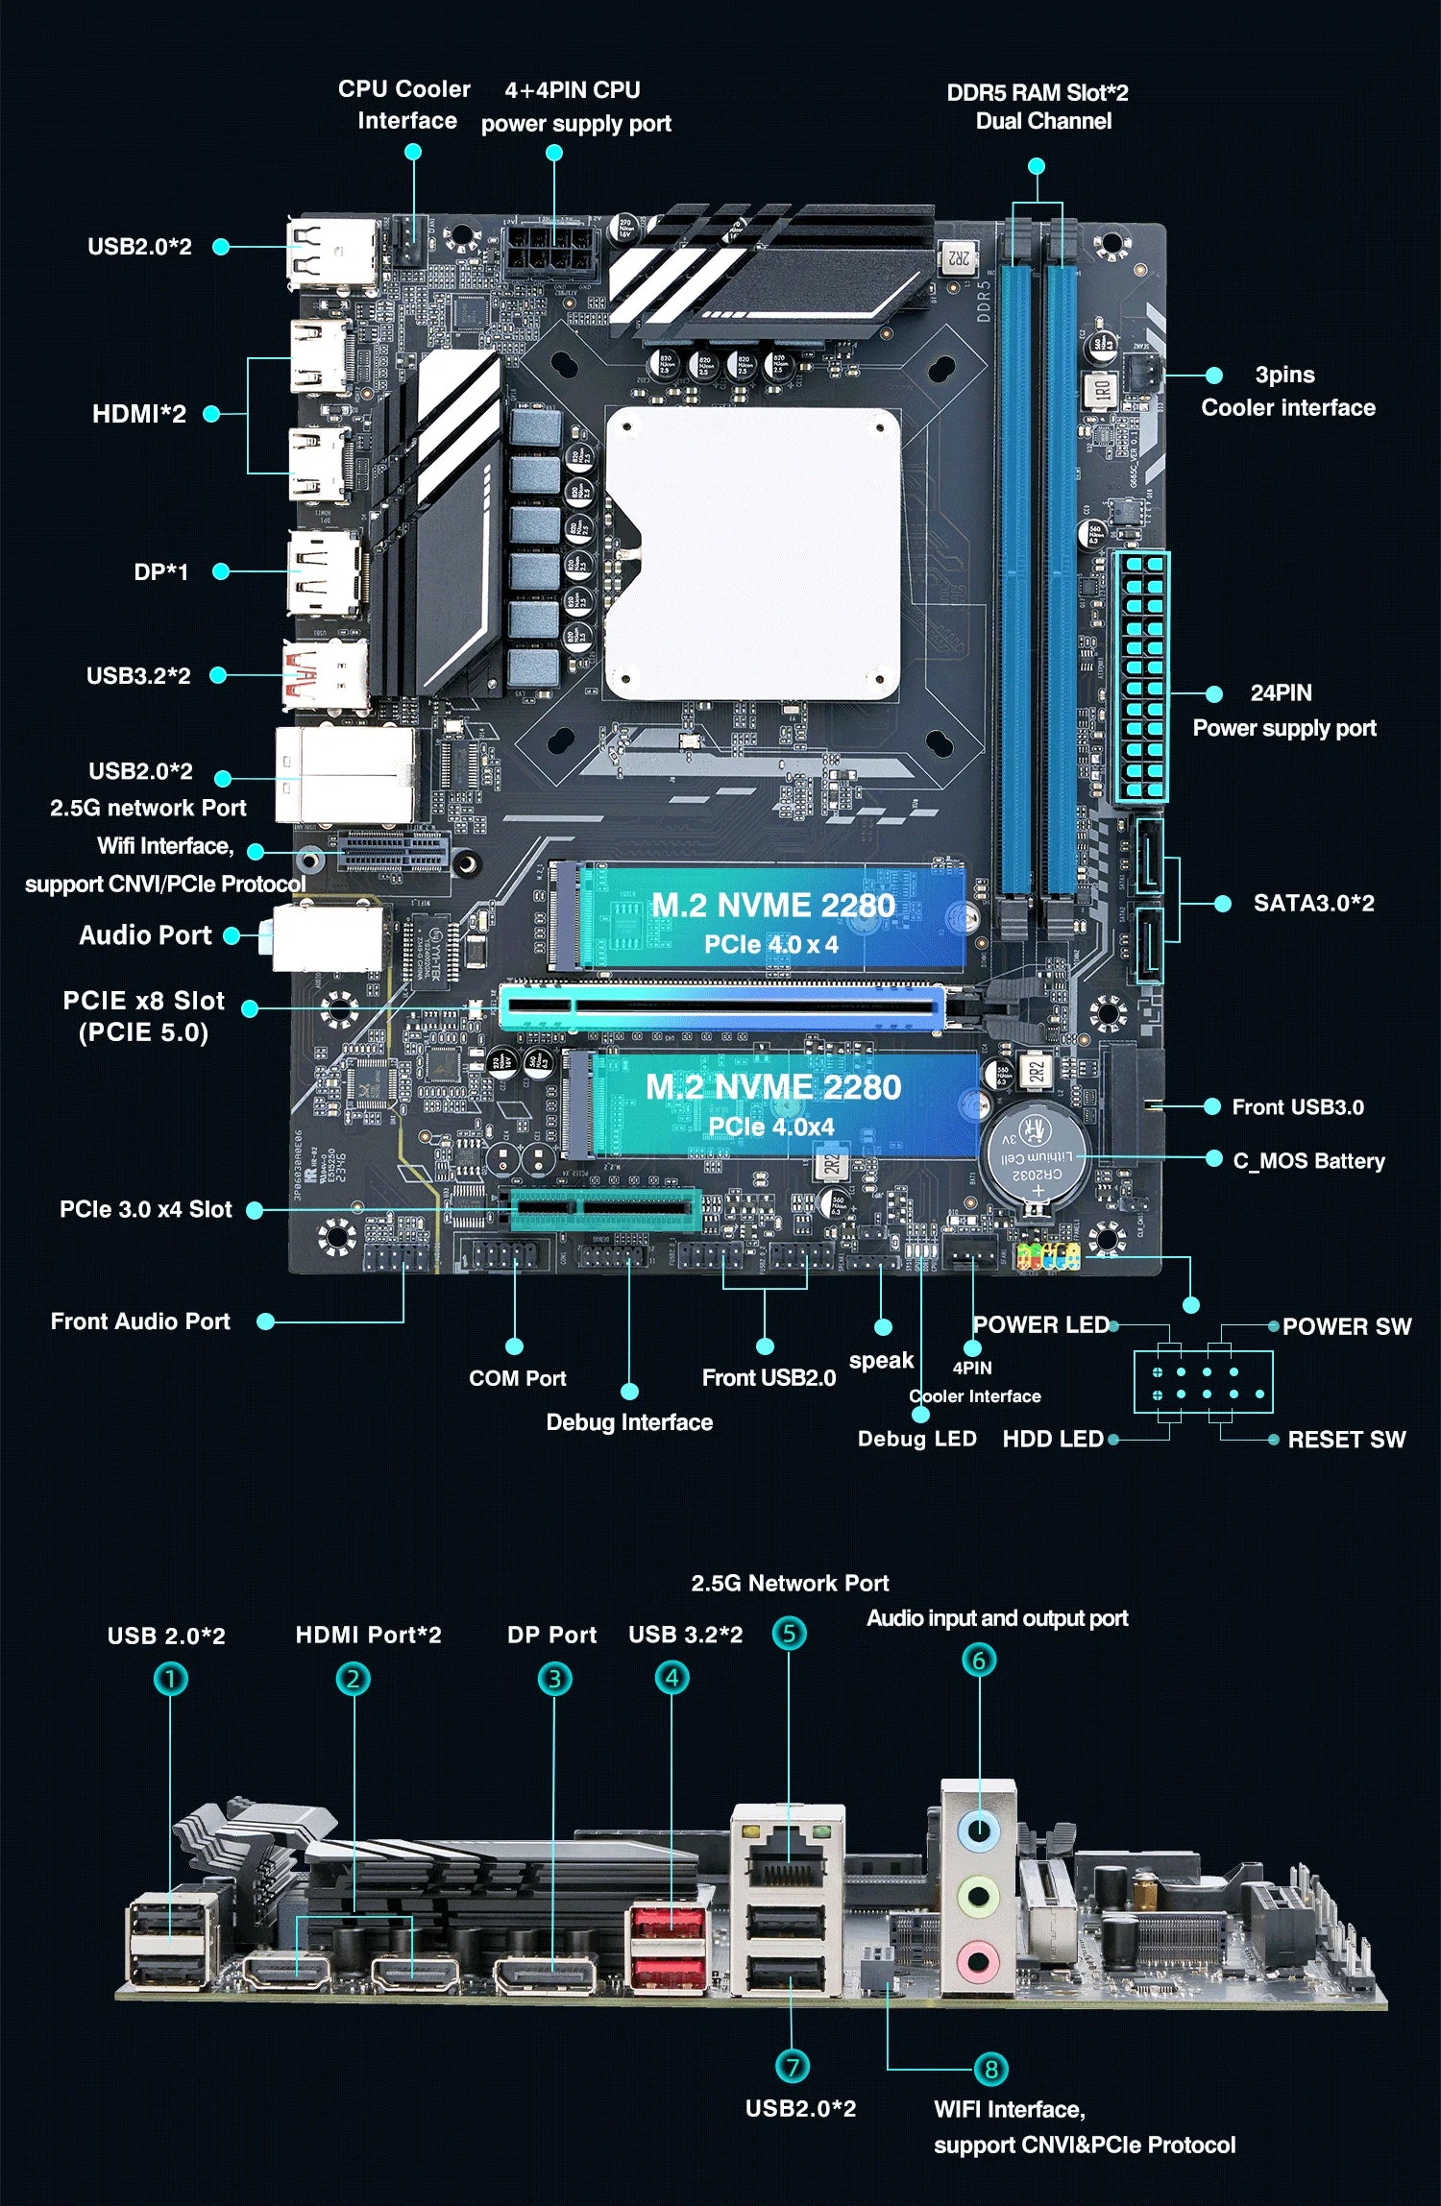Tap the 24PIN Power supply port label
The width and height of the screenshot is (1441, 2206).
1283,711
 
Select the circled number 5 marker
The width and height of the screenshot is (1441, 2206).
789,1633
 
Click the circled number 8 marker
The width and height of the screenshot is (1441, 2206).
990,2068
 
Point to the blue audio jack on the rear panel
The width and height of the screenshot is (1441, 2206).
978,1830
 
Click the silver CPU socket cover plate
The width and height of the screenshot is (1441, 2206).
754,552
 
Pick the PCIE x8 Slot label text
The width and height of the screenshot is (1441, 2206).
143,1015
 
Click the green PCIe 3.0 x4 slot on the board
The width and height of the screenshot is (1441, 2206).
605,1209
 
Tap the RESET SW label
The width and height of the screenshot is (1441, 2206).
1346,1440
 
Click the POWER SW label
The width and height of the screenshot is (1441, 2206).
1346,1326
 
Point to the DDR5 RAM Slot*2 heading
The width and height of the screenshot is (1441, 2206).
1038,107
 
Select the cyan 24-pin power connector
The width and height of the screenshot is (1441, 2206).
1142,677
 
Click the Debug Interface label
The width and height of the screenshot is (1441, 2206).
629,1422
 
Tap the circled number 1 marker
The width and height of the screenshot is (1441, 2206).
171,1680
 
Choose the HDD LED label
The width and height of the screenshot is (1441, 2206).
1053,1439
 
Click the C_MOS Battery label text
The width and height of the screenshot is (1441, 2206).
1308,1161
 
